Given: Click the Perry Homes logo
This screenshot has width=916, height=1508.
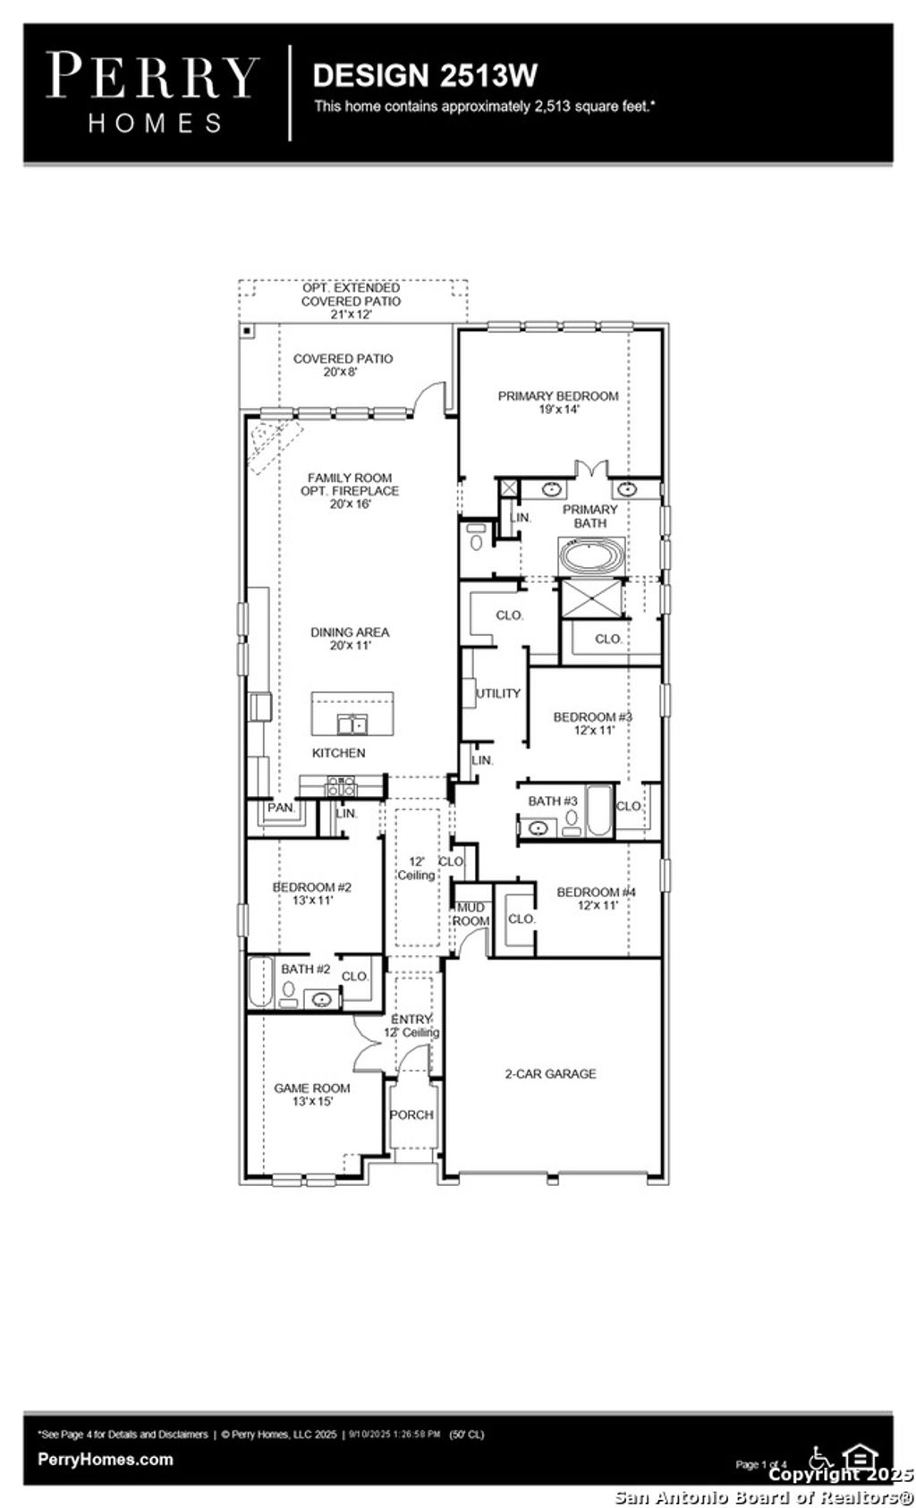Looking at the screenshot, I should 152,92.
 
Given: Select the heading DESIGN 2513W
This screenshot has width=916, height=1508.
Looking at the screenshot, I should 425,75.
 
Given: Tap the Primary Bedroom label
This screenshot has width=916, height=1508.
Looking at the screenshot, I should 557,402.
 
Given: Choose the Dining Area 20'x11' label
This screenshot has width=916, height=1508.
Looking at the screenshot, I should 350,638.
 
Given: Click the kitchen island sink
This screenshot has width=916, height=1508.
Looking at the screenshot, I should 352,723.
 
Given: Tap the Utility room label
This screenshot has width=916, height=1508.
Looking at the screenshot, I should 498,693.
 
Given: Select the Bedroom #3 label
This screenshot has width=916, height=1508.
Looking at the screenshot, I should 592,723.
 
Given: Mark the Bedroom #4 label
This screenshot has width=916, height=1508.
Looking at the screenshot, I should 596,898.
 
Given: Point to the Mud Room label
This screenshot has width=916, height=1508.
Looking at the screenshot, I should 471,914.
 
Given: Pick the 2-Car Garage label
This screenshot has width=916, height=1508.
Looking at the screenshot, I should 550,1073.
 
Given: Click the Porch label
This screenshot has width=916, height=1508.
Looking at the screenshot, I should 411,1114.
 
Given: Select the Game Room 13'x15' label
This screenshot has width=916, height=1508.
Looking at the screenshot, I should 311,1095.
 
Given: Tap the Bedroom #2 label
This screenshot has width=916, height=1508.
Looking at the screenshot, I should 311,894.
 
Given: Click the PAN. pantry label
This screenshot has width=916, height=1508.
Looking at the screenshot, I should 281,808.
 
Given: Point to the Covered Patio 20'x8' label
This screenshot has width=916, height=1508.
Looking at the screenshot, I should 343,365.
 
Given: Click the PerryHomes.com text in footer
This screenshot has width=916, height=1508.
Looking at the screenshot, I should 106,1459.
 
